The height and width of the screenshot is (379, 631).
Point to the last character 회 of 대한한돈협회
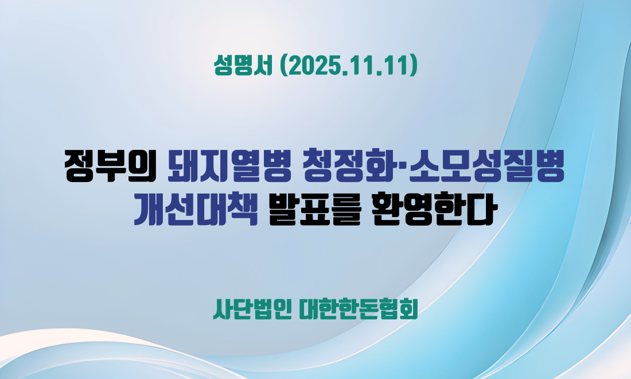pos(408,310)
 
